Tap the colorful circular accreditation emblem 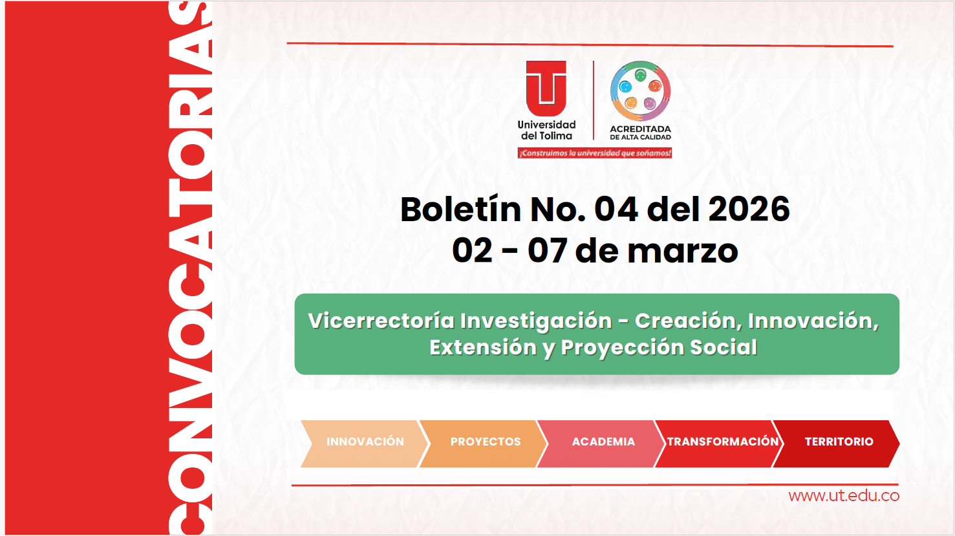coord(640,91)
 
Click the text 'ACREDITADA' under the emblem coord(640,129)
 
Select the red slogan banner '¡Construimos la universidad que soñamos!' coord(594,153)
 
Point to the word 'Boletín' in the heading coord(460,209)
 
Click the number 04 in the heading coord(616,209)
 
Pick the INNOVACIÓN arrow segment coord(365,442)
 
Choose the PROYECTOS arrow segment coord(485,442)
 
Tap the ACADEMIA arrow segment coord(603,442)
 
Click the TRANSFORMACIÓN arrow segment coord(722,442)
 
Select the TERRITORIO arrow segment coord(839,442)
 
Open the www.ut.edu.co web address coord(844,496)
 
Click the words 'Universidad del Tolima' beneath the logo coord(546,130)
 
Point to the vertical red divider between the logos coord(594,100)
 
